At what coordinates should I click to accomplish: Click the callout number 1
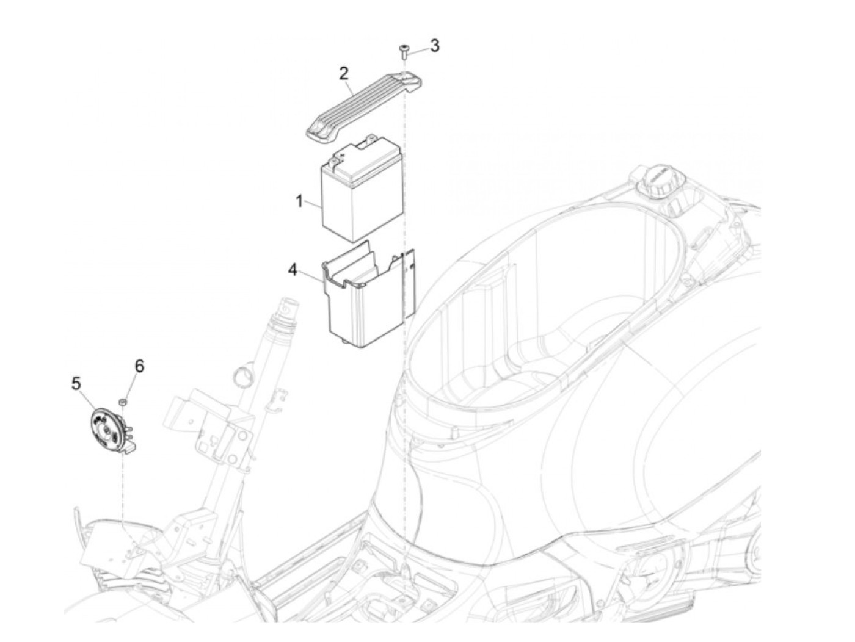(299, 201)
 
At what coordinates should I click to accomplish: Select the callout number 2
(344, 74)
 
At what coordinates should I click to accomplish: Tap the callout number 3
(434, 46)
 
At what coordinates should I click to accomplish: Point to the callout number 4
(293, 269)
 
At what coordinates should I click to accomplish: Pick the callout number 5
(76, 383)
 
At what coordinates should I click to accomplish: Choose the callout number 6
(139, 366)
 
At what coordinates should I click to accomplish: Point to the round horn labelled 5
(106, 427)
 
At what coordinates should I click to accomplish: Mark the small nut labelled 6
(123, 402)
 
